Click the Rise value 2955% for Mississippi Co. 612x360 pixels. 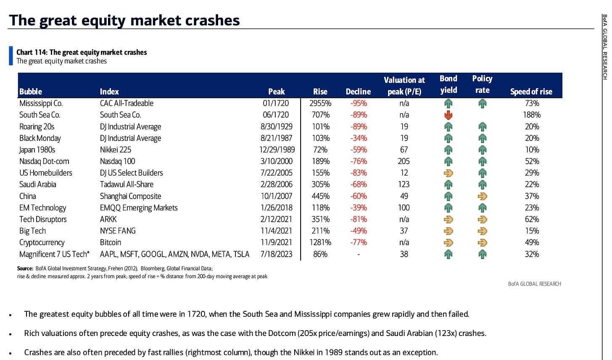pyautogui.click(x=320, y=103)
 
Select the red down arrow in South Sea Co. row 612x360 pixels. pyautogui.click(x=448, y=115)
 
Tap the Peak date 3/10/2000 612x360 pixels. pyautogui.click(x=276, y=161)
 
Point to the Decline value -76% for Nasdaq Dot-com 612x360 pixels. pyautogui.click(x=358, y=161)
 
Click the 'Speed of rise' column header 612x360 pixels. pyautogui.click(x=531, y=92)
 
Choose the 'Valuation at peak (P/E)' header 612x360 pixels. pyautogui.click(x=404, y=86)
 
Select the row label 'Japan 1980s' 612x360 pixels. pyautogui.click(x=37, y=150)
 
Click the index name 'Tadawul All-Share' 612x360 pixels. pyautogui.click(x=127, y=184)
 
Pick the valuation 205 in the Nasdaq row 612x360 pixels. pyautogui.click(x=404, y=161)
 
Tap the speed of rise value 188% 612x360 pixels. pyautogui.click(x=532, y=115)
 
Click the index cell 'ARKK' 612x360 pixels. pyautogui.click(x=108, y=219)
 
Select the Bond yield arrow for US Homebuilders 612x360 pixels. pyautogui.click(x=448, y=173)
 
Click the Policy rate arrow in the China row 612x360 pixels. pyautogui.click(x=482, y=196)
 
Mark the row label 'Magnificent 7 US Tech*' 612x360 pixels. pyautogui.click(x=54, y=254)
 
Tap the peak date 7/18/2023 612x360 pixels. pyautogui.click(x=276, y=254)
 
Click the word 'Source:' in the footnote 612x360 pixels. pyautogui.click(x=25, y=268)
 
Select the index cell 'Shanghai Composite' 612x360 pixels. pyautogui.click(x=130, y=196)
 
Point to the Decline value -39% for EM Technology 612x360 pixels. pyautogui.click(x=358, y=208)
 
